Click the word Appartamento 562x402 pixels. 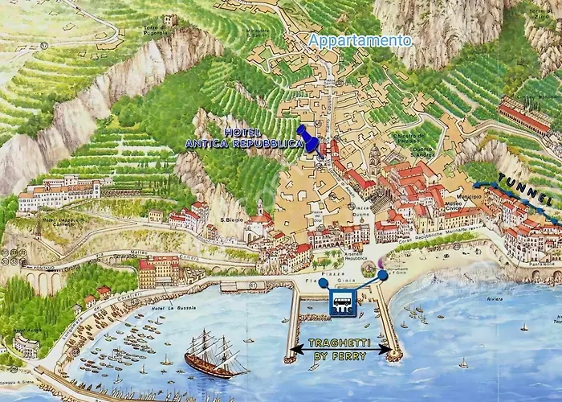click(360, 39)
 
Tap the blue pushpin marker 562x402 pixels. click(307, 137)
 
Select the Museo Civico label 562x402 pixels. click(443, 185)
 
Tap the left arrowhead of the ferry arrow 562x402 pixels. click(295, 349)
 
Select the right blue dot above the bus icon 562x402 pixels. click(383, 276)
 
